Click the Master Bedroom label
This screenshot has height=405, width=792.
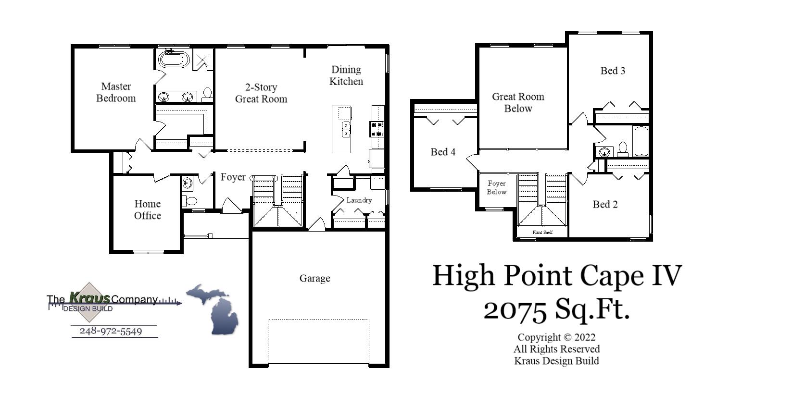[x=116, y=92]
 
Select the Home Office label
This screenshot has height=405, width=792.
[x=147, y=209]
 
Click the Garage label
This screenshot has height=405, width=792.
[x=314, y=278]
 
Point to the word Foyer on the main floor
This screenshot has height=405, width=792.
[x=233, y=177]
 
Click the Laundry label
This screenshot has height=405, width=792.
[x=359, y=200]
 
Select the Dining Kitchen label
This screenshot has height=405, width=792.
[x=346, y=75]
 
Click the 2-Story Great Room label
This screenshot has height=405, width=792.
[x=261, y=93]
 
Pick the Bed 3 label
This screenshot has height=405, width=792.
[x=613, y=71]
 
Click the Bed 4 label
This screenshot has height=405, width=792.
[x=442, y=152]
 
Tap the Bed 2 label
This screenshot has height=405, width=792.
[x=605, y=204]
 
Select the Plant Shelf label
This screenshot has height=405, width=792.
[x=542, y=233]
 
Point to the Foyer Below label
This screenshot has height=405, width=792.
[x=496, y=187]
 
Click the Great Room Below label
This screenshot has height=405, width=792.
[x=518, y=102]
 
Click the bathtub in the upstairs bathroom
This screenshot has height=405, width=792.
[x=641, y=141]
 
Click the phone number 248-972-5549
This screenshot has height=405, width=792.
[x=111, y=331]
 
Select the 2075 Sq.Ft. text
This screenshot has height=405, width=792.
[x=556, y=309]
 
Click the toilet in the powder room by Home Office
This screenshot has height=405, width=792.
[x=191, y=201]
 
